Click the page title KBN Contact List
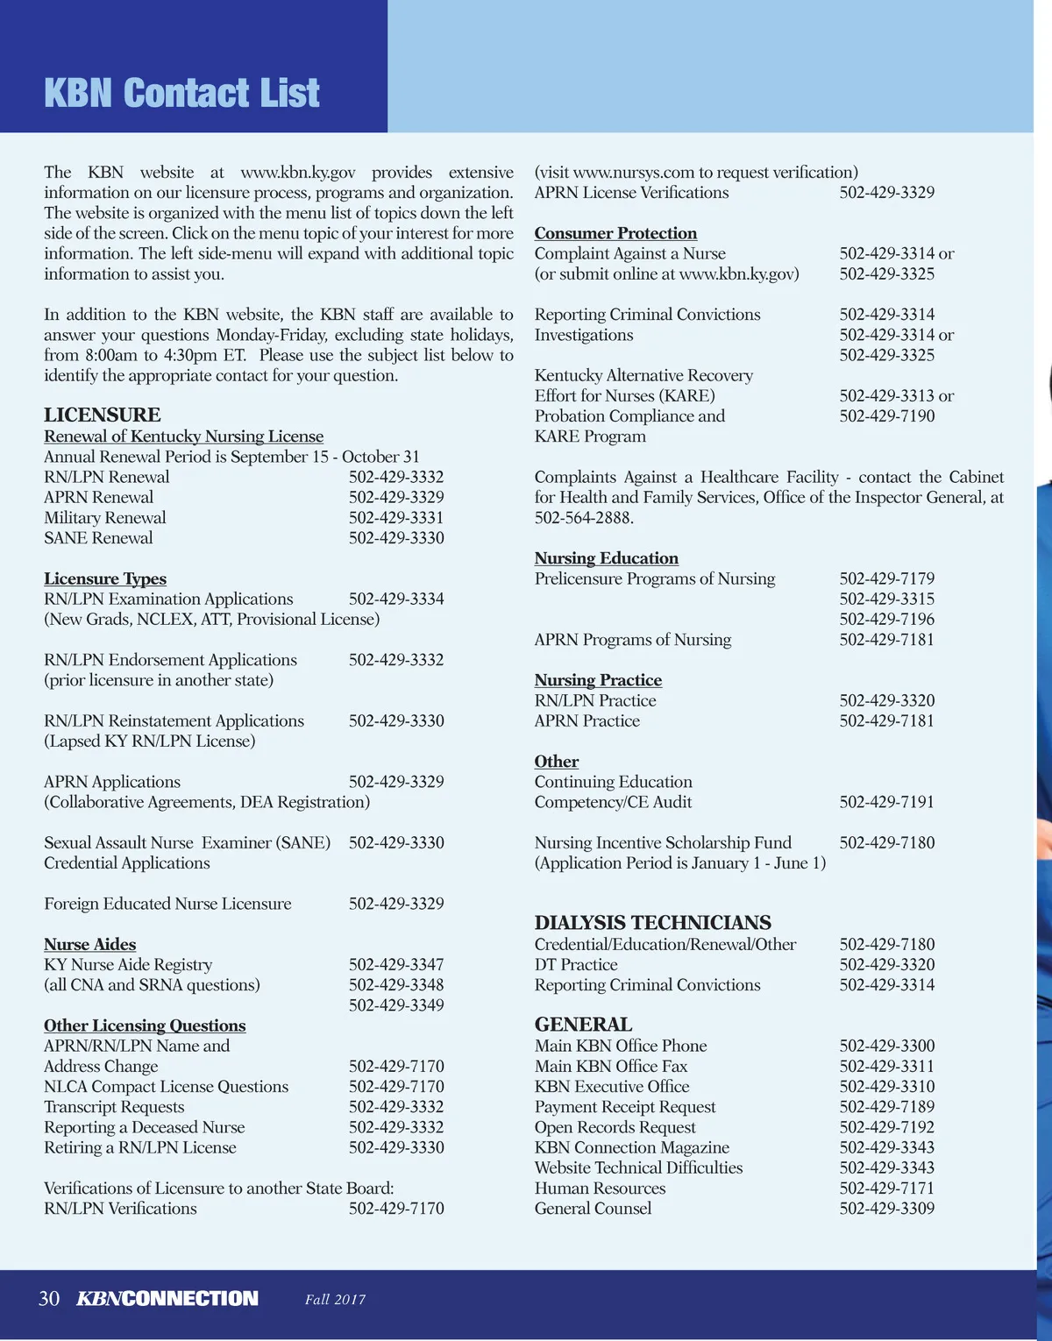click(181, 94)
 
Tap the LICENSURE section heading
click(103, 415)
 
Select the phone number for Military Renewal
click(396, 518)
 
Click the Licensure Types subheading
click(105, 578)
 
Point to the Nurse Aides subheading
click(90, 944)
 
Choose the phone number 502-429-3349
click(396, 1005)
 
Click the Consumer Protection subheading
click(615, 233)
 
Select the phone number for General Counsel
click(887, 1209)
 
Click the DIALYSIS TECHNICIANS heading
click(653, 923)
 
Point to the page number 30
click(49, 1299)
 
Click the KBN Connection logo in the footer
click(167, 1299)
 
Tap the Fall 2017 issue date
click(335, 1300)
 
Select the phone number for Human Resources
click(887, 1188)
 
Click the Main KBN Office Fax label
click(611, 1067)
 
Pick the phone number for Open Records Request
click(887, 1127)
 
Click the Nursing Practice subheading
click(598, 680)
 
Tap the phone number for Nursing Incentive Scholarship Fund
click(887, 843)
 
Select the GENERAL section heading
click(583, 1025)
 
